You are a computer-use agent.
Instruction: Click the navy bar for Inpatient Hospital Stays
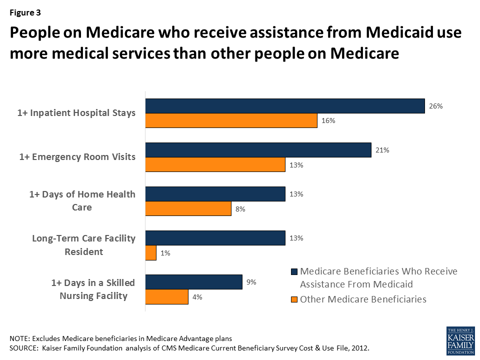(285, 105)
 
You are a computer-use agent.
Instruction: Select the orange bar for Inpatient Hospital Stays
(231, 120)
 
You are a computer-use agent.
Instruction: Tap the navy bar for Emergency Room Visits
(258, 150)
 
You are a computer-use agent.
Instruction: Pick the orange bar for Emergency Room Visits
(215, 165)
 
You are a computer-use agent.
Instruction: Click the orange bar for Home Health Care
(188, 208)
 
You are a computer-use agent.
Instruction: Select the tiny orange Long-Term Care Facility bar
(150, 253)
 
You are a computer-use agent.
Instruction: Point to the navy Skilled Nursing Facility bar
(193, 282)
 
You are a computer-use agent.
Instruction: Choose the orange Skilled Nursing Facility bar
(166, 297)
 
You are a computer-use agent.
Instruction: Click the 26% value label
(435, 106)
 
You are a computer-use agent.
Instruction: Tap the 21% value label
(382, 150)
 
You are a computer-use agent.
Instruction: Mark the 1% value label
(165, 253)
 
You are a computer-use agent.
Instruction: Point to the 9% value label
(251, 282)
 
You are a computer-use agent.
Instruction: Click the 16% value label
(328, 121)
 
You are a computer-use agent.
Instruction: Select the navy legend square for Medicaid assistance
(293, 272)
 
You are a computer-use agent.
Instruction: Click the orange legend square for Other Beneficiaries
(293, 299)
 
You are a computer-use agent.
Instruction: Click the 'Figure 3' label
(24, 12)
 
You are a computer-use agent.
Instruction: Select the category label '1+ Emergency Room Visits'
(77, 157)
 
